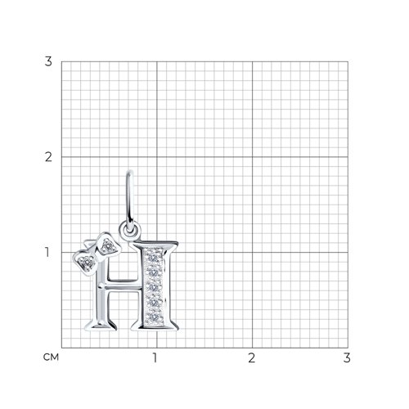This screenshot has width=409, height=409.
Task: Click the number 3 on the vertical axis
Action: point(48,61)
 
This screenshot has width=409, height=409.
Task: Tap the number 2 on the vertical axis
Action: point(48,157)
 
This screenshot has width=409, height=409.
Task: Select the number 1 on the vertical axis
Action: point(47,253)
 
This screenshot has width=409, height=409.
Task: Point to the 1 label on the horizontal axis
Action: point(155,357)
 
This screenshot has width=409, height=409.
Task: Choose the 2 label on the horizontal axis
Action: point(251,357)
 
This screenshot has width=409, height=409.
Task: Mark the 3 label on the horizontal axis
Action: point(347,357)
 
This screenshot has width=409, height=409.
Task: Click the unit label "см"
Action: point(51,357)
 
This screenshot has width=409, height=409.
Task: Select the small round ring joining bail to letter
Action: point(130,231)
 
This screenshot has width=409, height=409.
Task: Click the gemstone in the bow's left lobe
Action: point(87,263)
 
